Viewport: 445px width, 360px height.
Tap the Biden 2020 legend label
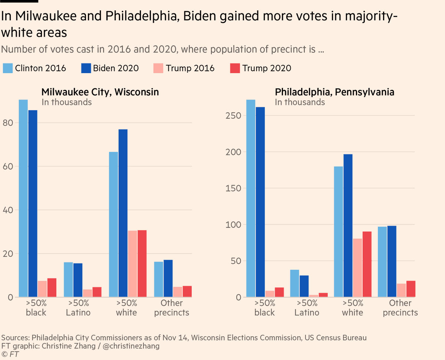coord(116,68)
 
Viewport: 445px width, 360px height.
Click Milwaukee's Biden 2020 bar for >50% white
coord(123,213)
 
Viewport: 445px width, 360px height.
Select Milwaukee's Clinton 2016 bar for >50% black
coord(23,199)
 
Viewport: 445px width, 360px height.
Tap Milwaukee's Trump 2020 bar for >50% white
coord(142,264)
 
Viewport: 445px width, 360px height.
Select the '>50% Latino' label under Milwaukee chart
coord(78,308)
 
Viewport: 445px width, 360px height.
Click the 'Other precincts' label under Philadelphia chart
coord(400,308)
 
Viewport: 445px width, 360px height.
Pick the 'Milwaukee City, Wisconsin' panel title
coord(100,92)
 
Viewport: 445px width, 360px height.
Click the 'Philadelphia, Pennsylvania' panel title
coord(334,92)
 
